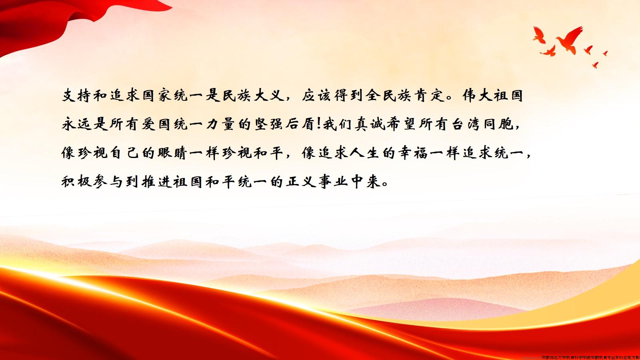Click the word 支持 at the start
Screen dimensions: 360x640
pos(76,96)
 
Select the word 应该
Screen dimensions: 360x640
pos(316,96)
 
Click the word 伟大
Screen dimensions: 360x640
pos(477,96)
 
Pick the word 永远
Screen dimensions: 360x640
pos(76,124)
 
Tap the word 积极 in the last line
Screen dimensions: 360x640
pos(76,182)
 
